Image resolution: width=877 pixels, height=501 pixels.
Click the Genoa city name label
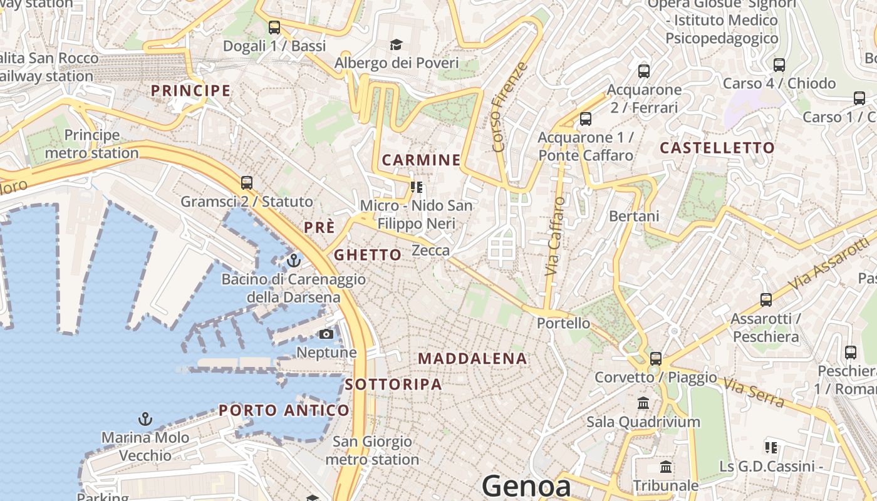click(526, 487)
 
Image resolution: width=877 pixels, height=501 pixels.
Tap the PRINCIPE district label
click(191, 91)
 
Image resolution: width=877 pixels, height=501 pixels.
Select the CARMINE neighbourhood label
click(421, 160)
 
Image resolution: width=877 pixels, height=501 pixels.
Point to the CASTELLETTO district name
click(717, 148)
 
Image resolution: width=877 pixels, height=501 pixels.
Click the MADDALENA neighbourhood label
click(472, 359)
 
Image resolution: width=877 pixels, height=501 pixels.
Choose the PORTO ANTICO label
click(284, 411)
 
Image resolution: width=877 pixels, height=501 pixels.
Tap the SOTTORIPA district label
click(393, 385)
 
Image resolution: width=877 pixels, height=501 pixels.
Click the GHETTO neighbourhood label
click(368, 255)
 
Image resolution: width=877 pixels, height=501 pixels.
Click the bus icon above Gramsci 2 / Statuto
click(247, 183)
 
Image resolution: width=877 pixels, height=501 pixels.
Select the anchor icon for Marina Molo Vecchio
click(145, 418)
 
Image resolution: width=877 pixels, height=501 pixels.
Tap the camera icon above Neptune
click(326, 334)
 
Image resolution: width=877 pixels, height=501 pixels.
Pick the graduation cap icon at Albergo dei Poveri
click(396, 44)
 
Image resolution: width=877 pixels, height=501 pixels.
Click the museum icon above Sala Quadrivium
click(643, 403)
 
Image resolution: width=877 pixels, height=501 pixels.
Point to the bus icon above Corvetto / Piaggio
click(656, 359)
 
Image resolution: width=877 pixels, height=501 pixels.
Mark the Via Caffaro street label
click(552, 237)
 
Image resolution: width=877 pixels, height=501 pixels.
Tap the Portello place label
click(563, 323)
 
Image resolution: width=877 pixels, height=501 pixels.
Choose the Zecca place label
click(430, 250)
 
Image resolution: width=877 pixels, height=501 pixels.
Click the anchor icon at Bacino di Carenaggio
click(294, 260)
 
